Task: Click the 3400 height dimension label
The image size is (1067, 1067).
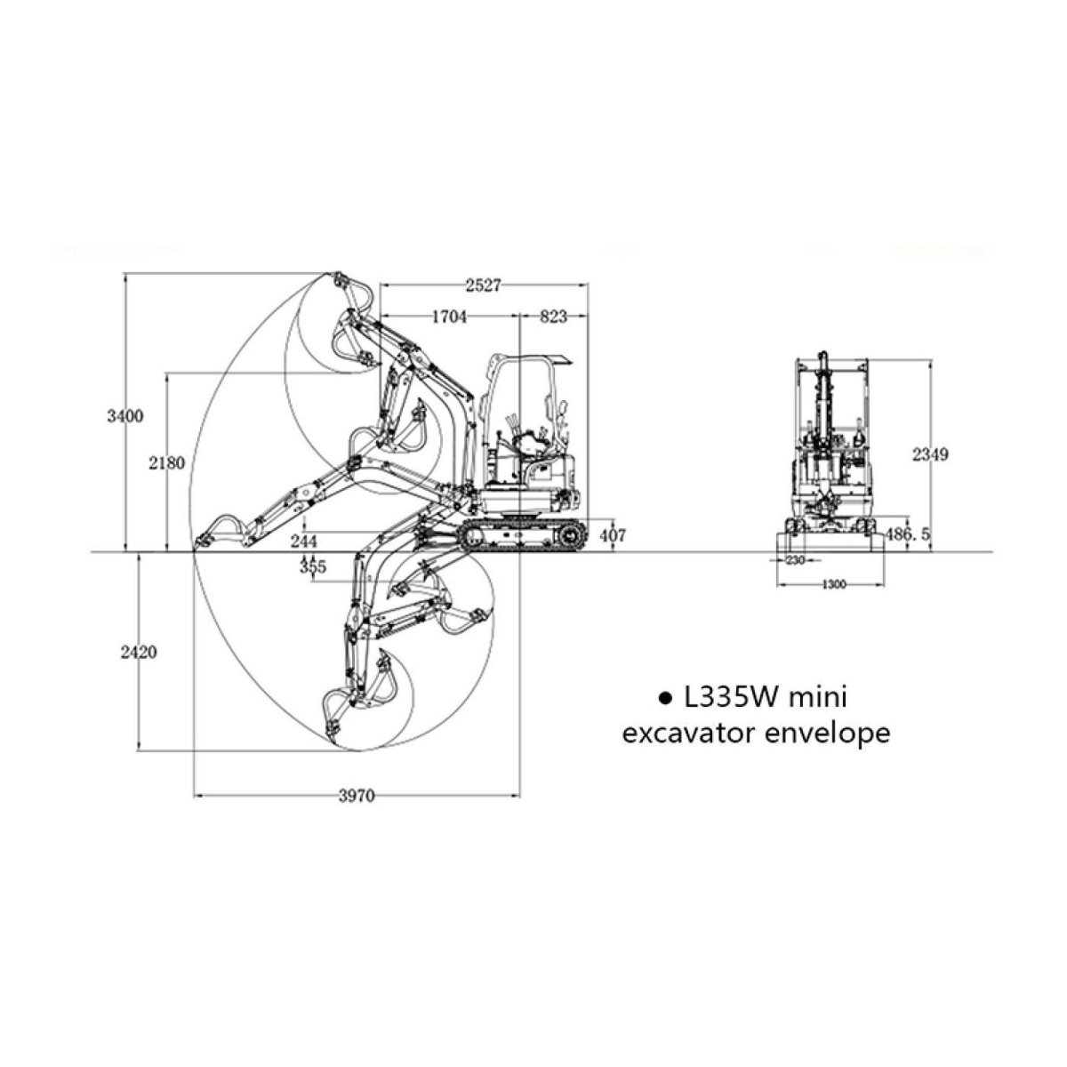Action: [125, 416]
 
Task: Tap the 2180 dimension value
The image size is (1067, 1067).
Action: [166, 462]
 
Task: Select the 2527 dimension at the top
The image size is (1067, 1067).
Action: [483, 285]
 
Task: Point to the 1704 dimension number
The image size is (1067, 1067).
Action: [449, 317]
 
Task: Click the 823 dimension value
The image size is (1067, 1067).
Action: [554, 317]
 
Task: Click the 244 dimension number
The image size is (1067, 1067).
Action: [304, 540]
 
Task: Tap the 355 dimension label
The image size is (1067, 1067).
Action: [313, 567]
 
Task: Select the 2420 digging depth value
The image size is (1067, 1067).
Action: [139, 653]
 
